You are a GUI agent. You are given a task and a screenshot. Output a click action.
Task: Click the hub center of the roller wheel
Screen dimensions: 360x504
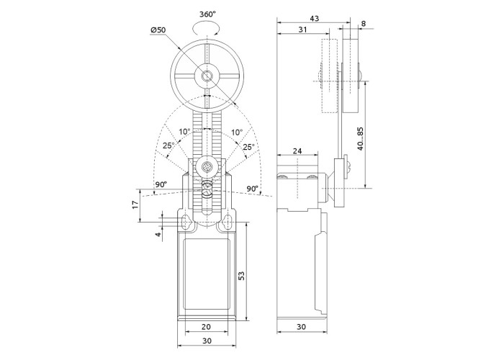(207, 76)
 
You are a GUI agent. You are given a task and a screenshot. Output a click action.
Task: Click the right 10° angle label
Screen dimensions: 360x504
(237, 132)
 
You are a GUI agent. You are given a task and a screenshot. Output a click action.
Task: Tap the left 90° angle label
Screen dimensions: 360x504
(160, 185)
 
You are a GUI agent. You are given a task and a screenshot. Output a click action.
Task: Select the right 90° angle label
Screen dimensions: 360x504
(253, 189)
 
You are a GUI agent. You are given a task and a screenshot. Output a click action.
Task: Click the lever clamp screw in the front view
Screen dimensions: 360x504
(207, 168)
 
